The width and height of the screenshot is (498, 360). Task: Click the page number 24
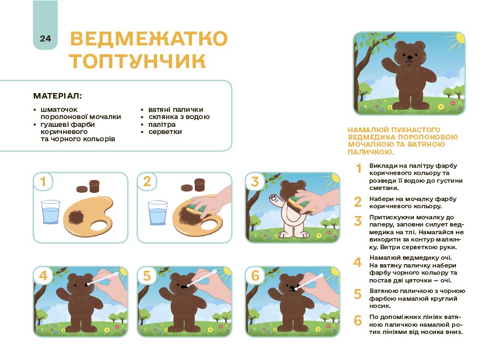45,38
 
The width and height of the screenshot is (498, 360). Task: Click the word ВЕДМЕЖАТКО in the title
149,39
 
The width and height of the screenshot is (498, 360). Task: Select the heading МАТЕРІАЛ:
58,96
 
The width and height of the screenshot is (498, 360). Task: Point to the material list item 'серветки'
165,132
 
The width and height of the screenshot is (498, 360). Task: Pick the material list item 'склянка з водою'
179,117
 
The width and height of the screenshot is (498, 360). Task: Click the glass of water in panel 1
51,213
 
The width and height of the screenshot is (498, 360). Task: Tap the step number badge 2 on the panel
147,182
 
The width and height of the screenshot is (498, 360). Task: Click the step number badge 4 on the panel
44,276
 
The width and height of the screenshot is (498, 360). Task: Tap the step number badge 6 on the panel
255,276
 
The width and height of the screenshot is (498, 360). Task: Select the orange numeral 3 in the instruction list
358,220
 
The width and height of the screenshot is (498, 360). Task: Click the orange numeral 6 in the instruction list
358,320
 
